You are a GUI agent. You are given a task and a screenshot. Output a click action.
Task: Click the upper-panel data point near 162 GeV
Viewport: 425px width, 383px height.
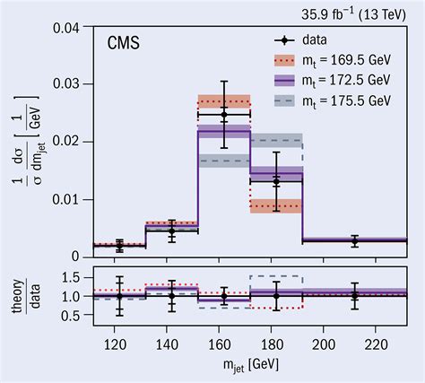(224, 115)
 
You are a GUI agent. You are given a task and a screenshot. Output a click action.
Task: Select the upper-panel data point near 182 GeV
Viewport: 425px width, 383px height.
(276, 181)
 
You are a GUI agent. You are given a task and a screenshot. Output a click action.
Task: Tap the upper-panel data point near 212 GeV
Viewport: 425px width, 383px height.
(355, 241)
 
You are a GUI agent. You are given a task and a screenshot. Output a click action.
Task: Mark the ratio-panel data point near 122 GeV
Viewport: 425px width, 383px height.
(119, 295)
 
